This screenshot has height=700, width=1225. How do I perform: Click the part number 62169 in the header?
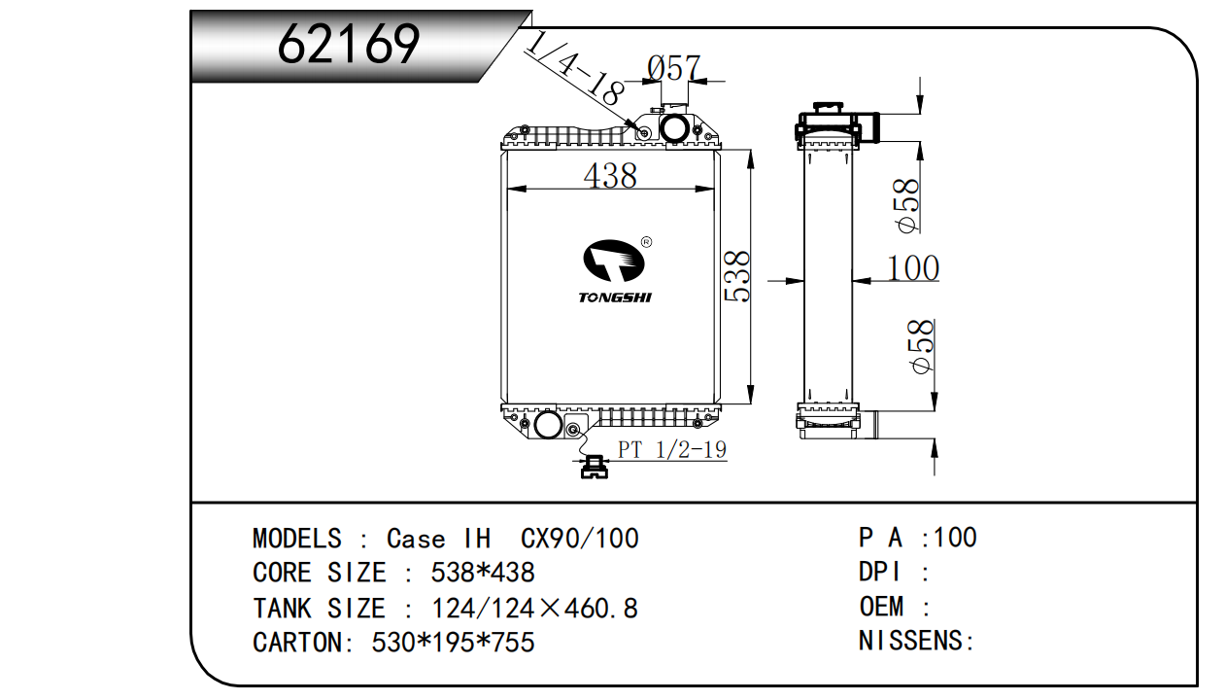349,45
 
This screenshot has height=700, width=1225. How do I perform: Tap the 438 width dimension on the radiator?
610,176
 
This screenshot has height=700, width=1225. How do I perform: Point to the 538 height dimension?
736,276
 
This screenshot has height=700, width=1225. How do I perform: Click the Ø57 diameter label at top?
673,68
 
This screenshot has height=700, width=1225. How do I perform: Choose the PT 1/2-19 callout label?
671,450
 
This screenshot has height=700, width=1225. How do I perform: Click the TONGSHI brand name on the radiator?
615,297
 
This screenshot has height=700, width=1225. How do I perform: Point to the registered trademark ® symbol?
646,242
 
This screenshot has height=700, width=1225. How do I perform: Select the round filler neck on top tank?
673,127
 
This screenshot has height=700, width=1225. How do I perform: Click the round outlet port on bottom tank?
547,425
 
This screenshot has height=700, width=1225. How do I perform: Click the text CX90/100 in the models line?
580,539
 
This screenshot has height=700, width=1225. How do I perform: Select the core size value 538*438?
482,573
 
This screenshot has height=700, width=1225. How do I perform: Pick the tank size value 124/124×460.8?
534,609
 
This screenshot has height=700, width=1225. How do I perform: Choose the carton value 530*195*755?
454,643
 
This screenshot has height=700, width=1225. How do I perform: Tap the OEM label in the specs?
881,607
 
